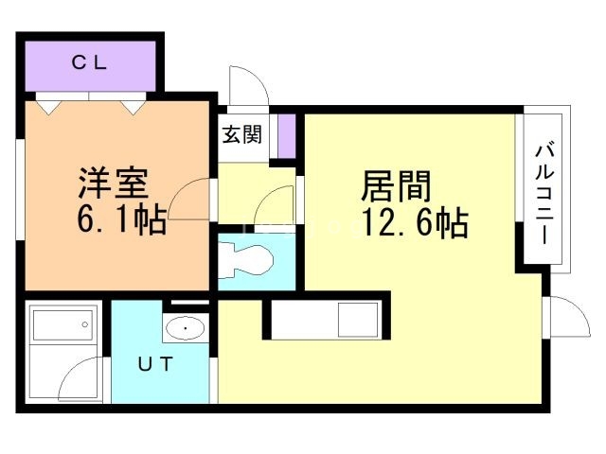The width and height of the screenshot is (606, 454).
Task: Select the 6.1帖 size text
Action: [120, 220]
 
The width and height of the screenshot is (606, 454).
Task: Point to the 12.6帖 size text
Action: [413, 226]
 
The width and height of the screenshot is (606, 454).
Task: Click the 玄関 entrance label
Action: [241, 135]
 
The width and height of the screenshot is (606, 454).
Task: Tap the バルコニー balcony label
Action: [544, 194]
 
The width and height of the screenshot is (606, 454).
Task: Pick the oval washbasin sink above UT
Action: [185, 329]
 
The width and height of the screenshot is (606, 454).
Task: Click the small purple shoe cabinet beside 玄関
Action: [287, 135]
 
